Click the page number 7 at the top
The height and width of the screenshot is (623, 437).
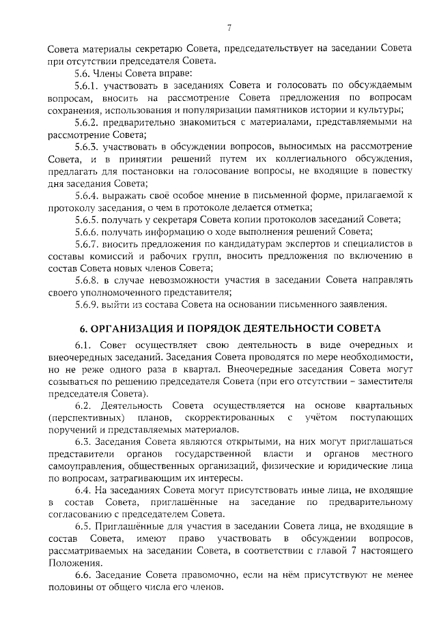tap(229, 28)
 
